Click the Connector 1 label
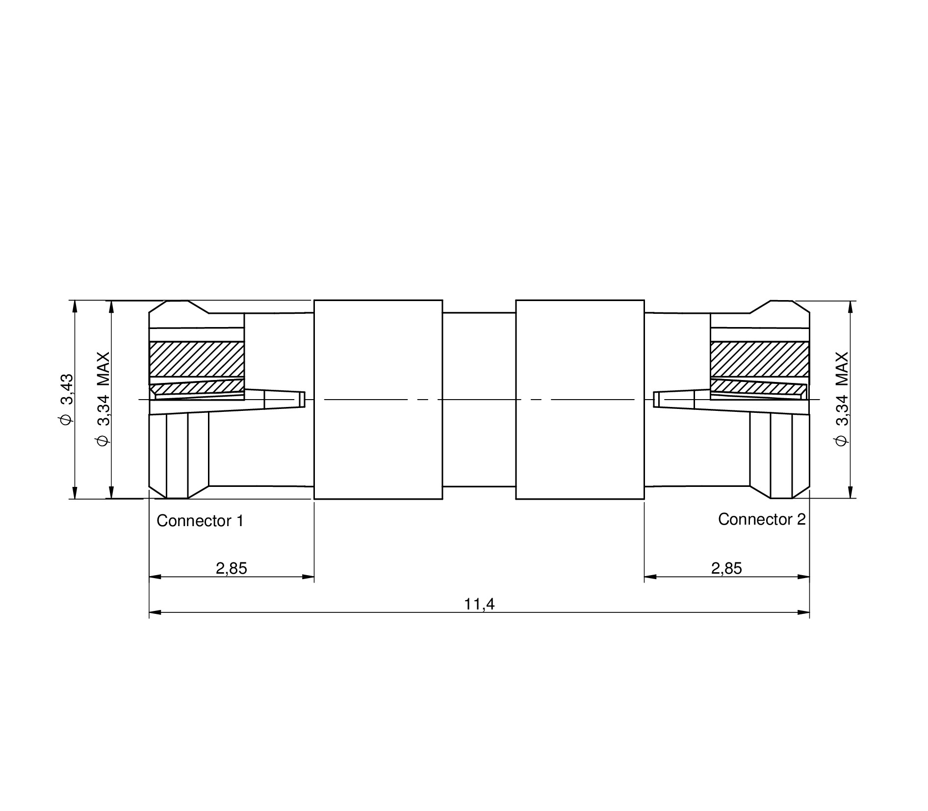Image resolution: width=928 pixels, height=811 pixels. [x=200, y=521]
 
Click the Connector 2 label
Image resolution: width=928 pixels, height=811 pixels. [x=762, y=519]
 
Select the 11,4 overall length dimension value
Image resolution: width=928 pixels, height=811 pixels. [x=480, y=604]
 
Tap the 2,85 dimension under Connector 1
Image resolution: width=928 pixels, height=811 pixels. [x=232, y=568]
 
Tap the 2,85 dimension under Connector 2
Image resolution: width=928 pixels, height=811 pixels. [x=726, y=568]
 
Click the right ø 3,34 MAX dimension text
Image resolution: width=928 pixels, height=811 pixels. [x=841, y=399]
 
